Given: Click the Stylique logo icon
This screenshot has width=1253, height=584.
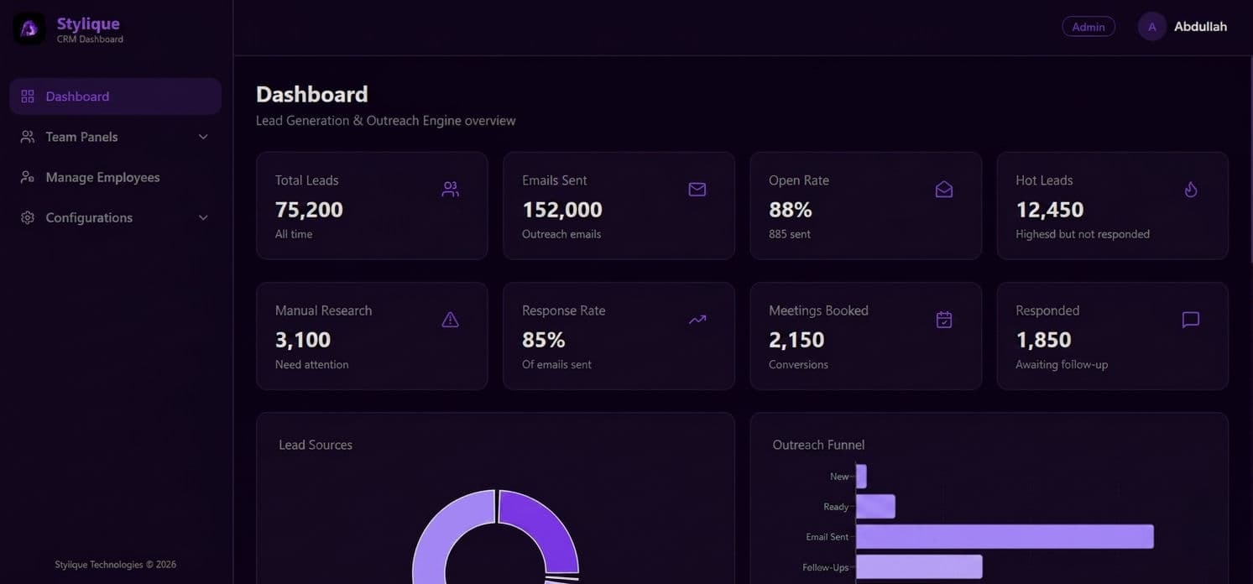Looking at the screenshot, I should pos(29,29).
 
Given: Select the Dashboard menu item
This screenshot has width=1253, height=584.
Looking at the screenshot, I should pos(77,96).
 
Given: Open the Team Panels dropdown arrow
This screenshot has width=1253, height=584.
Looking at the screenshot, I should pos(203,137).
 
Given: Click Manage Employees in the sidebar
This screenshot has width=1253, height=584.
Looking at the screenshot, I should pos(102,177).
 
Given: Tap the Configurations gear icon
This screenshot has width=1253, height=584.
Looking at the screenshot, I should pos(28,217).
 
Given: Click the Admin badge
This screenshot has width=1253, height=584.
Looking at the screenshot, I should pos(1088,27).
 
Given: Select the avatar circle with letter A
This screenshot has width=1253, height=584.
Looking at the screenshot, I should pos(1151,27).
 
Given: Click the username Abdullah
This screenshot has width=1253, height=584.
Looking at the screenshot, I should pos(1200,27).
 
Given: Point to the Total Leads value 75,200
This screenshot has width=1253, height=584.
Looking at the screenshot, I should pos(309,209).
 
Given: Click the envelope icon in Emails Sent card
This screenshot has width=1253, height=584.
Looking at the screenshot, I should pos(697,190).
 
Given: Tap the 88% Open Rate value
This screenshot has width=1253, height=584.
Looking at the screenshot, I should pos(790,209).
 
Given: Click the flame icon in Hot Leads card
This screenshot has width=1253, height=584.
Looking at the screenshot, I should pos(1190,190).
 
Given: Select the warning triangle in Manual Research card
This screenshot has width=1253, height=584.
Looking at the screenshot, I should pos(450,320).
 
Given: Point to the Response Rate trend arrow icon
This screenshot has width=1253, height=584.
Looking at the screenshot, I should pos(697,320).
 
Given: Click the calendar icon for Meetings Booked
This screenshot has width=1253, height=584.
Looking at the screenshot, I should pos(943,320).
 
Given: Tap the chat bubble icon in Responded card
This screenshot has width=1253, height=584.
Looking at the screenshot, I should pos(1190,320).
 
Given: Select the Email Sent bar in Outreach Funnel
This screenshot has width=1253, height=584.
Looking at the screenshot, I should pos(1004,537).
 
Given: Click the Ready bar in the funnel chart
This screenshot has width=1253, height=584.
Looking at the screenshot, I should pos(875,507).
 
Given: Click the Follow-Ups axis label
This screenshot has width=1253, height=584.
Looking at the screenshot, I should pos(825,567).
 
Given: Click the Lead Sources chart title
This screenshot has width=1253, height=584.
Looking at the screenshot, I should pos(316,445).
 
